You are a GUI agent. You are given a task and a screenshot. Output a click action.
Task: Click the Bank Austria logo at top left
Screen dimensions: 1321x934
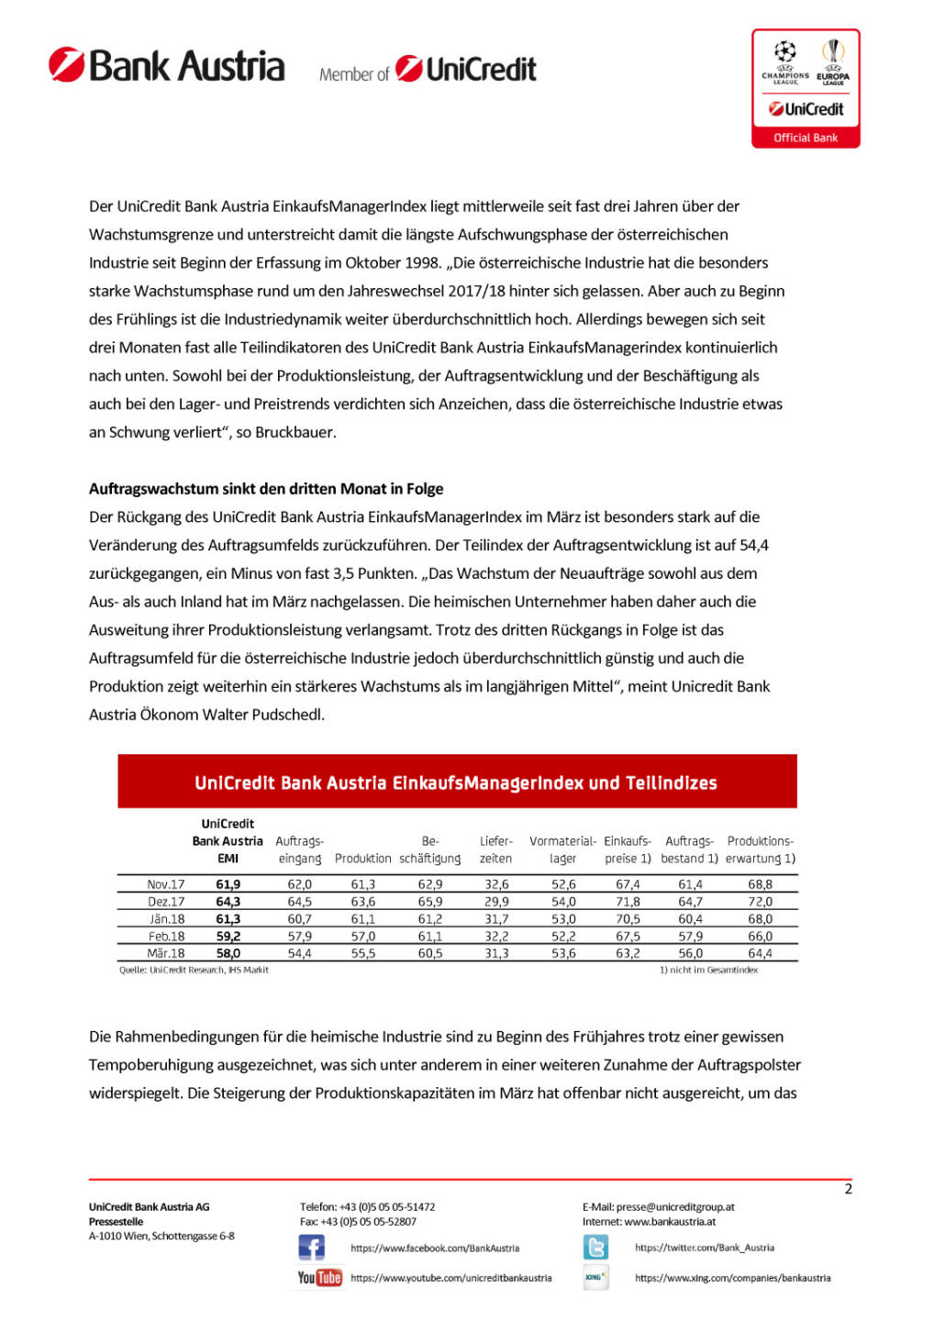166,66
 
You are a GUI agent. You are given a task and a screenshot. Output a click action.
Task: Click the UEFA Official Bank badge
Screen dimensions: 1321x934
806,88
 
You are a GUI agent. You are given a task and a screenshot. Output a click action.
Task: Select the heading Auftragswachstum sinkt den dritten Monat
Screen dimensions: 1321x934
266,489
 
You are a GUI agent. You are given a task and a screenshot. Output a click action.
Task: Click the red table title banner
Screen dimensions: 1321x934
456,783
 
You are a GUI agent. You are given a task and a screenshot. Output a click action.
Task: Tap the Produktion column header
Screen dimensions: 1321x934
362,859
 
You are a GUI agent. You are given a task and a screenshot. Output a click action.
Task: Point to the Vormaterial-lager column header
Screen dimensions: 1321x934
562,849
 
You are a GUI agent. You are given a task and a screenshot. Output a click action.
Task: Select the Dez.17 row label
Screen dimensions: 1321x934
166,902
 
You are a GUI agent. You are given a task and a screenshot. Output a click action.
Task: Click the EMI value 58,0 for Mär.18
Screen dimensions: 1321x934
228,954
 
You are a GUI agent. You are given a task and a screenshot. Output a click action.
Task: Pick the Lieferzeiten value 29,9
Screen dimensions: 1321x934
496,902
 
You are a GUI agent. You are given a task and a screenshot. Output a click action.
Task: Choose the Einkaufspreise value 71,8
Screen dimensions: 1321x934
628,902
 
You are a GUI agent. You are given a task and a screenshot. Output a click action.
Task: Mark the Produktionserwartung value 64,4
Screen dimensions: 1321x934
760,954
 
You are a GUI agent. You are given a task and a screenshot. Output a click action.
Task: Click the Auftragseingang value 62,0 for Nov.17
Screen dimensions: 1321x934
300,884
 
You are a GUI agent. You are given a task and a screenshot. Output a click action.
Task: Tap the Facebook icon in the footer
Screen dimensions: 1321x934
311,1248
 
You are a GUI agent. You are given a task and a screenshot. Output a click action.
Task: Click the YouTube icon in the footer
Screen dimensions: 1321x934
319,1278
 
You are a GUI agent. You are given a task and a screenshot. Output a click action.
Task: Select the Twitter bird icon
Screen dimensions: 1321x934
595,1248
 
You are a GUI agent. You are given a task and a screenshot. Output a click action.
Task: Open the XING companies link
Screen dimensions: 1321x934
732,1278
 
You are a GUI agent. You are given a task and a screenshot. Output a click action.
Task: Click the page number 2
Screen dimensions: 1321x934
848,1189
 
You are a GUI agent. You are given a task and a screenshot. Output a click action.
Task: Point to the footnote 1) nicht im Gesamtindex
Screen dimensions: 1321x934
708,970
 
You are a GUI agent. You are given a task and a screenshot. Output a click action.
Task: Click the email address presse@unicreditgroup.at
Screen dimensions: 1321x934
675,1207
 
